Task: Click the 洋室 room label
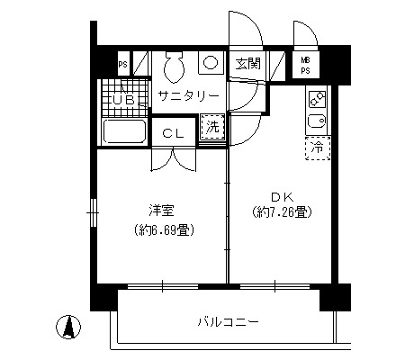[x=161, y=211]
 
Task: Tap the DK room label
[x=282, y=197]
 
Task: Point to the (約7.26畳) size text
[x=283, y=212]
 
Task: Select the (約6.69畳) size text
[x=165, y=230]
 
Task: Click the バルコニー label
[x=228, y=322]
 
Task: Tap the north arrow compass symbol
[x=68, y=327]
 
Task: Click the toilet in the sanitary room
[x=174, y=67]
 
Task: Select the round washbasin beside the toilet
[x=211, y=63]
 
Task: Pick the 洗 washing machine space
[x=212, y=127]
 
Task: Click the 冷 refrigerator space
[x=318, y=148]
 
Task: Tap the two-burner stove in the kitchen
[x=318, y=99]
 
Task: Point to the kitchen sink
[x=318, y=121]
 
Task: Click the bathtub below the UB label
[x=124, y=131]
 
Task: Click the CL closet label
[x=173, y=133]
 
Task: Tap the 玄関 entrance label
[x=247, y=63]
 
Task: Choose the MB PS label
[x=305, y=66]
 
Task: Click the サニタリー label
[x=188, y=95]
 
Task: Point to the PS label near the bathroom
[x=122, y=65]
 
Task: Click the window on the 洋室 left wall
[x=94, y=212]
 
